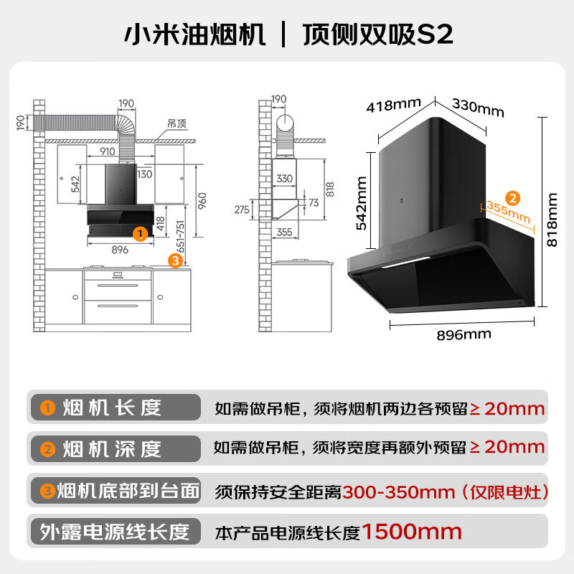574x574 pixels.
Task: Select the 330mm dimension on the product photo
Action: [477, 108]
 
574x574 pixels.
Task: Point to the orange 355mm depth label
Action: [508, 211]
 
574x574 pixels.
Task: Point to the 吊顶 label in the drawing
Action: [177, 123]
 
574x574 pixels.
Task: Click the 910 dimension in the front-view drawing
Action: [108, 151]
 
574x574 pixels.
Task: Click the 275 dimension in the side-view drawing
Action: [241, 209]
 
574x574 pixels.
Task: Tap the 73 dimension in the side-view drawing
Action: [314, 203]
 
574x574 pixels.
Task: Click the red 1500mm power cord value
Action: [412, 532]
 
